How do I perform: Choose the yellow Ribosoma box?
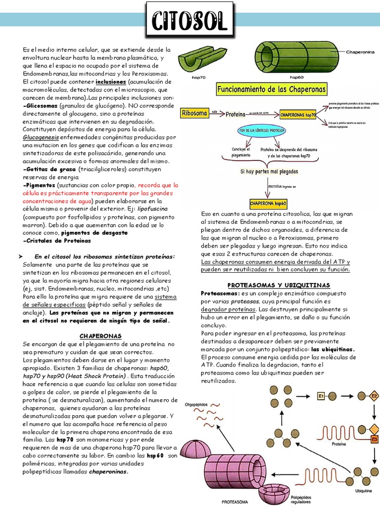pyautogui.click(x=194, y=113)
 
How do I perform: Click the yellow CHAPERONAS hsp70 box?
pyautogui.click(x=298, y=114)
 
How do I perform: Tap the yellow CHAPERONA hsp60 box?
pyautogui.click(x=269, y=203)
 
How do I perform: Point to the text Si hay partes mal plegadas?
pyautogui.click(x=269, y=172)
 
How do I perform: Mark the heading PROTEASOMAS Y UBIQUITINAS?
pyautogui.click(x=279, y=285)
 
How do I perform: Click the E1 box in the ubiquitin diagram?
pyautogui.click(x=321, y=395)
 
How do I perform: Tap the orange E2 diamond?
pyautogui.click(x=374, y=396)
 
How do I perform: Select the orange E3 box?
pyautogui.click(x=374, y=438)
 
